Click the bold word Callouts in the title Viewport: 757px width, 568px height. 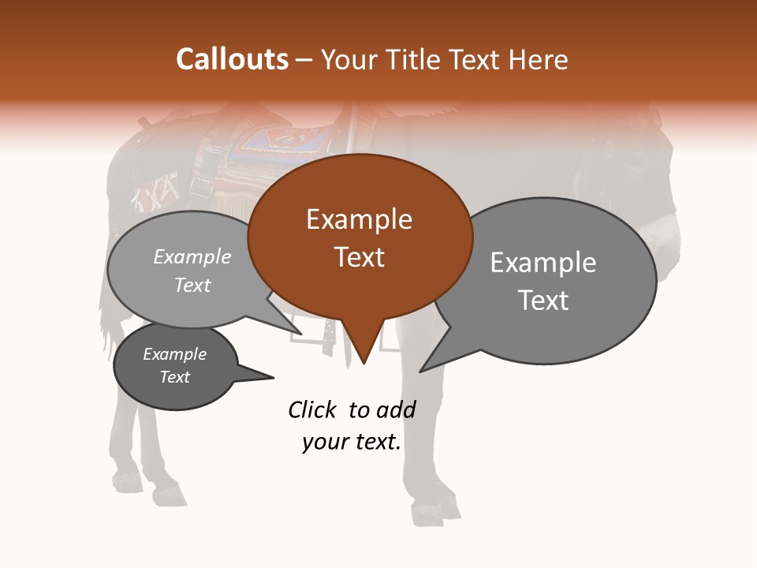coord(232,59)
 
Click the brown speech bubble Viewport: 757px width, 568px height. coord(360,237)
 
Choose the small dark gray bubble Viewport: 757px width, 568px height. coord(175,366)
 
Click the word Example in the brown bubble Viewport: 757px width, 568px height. coord(359,219)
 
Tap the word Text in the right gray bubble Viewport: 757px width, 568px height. coord(543,301)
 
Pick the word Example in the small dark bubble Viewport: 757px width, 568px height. coord(175,355)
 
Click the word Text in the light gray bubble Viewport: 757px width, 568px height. coord(192,286)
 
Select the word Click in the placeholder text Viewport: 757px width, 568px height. coord(312,409)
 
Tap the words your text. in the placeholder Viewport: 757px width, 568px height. coord(352,442)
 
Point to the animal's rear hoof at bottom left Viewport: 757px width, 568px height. coord(126,480)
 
